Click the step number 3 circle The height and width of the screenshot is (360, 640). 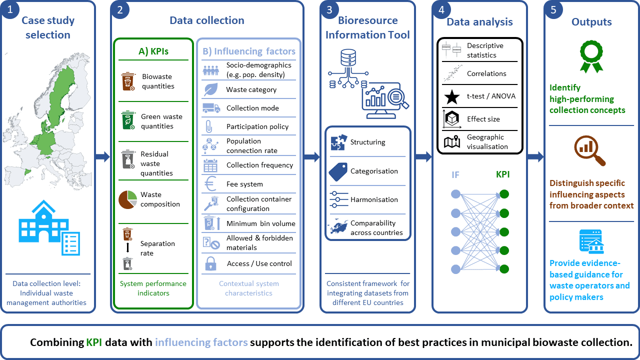[x=329, y=9]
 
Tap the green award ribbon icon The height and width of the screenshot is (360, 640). [x=591, y=56]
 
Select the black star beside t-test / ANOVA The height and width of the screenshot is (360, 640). [x=452, y=97]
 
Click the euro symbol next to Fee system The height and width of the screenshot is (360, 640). [x=210, y=183]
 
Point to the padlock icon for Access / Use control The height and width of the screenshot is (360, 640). [x=210, y=263]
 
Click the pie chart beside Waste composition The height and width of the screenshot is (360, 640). [x=127, y=199]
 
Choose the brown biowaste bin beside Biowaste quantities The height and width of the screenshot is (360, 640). [x=128, y=81]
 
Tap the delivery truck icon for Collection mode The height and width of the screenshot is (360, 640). [x=211, y=108]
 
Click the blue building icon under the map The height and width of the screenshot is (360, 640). [x=49, y=227]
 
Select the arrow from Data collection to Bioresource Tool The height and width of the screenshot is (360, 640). [x=311, y=156]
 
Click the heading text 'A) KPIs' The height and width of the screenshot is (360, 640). [x=153, y=51]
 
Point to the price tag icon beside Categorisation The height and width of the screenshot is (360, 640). [x=338, y=171]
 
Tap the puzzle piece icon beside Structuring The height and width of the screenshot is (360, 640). [x=339, y=142]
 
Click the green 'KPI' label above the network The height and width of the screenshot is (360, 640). [x=502, y=174]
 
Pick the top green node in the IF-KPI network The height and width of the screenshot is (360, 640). [x=504, y=194]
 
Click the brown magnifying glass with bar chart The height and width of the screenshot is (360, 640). [x=589, y=150]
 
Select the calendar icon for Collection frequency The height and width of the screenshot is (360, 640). [x=210, y=165]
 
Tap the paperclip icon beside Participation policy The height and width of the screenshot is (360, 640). [x=209, y=126]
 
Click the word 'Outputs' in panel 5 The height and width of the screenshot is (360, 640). [x=591, y=22]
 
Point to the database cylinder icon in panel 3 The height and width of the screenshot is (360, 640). [x=348, y=57]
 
